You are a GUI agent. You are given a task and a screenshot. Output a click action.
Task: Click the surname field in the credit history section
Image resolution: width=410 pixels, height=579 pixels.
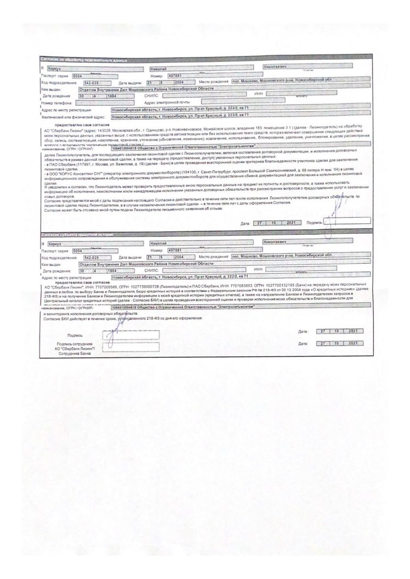pos(96,242)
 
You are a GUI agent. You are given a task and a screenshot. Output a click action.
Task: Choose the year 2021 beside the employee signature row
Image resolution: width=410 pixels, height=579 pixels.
pos(352,343)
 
